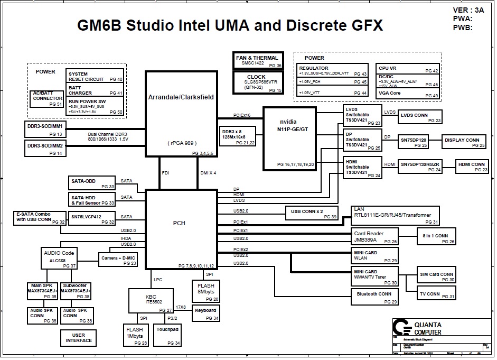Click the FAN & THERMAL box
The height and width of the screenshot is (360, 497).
point(258,60)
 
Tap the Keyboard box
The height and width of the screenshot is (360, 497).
point(205,313)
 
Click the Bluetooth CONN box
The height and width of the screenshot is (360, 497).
point(374,297)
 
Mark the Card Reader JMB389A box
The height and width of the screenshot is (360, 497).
point(375,236)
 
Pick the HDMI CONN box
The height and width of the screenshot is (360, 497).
point(472,167)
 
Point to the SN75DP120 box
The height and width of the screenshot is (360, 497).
point(414,142)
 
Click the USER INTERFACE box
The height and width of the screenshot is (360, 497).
point(79,338)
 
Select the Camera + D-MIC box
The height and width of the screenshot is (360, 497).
point(118,259)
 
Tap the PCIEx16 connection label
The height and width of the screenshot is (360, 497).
point(241,115)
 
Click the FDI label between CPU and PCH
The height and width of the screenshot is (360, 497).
point(165,173)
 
